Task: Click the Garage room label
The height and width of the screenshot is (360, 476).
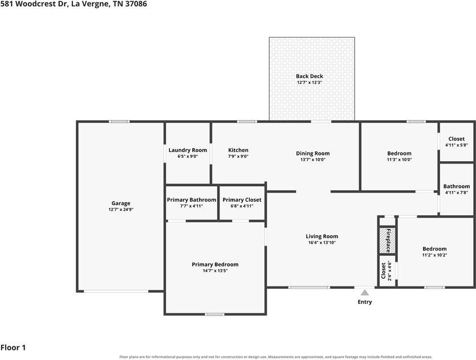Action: click(x=121, y=203)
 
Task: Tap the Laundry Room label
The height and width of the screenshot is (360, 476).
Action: click(x=188, y=150)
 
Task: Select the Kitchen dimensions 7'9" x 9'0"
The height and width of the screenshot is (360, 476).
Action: click(x=238, y=157)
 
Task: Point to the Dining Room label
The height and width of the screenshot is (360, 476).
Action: click(x=313, y=153)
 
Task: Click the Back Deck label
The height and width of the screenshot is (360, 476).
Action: click(x=310, y=76)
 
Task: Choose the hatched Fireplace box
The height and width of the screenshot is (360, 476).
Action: click(x=388, y=240)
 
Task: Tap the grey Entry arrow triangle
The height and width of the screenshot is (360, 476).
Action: click(x=365, y=292)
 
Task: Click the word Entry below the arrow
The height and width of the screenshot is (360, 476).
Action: click(x=365, y=302)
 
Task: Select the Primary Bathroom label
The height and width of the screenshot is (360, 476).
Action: click(x=192, y=200)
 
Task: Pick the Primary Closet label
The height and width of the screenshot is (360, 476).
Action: click(x=242, y=200)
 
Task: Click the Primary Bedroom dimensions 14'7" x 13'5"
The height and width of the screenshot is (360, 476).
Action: click(x=215, y=271)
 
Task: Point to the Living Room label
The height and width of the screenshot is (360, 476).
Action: click(x=322, y=236)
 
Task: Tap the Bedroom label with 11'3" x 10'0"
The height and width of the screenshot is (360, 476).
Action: click(x=399, y=153)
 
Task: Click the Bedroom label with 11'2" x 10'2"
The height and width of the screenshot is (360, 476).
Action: click(x=434, y=249)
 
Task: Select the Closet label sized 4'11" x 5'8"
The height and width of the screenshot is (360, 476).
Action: click(x=457, y=139)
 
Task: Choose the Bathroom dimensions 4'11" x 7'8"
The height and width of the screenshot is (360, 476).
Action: click(x=457, y=193)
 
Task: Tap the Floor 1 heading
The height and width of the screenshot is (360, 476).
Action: click(x=13, y=347)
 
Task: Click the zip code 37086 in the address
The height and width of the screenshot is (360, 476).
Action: click(x=136, y=4)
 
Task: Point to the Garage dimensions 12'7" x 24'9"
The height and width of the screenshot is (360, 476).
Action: click(x=121, y=210)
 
